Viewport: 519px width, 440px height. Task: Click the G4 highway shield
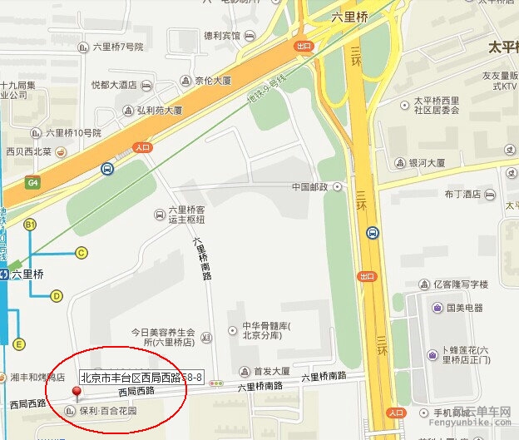[x=32, y=183]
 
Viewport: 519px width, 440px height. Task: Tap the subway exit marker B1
[x=30, y=225]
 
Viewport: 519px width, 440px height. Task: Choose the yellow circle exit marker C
[x=82, y=253]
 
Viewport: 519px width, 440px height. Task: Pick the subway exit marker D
[x=57, y=295]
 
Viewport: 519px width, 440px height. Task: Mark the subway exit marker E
[x=19, y=344]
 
